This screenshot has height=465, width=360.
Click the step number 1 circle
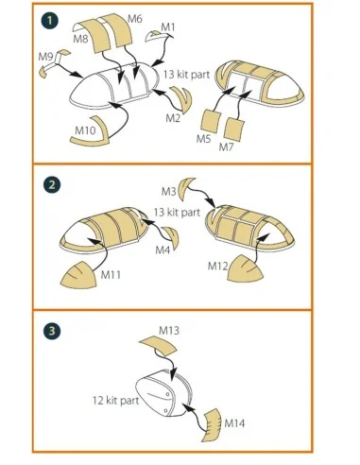tap(49, 21)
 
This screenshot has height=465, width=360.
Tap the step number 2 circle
tap(52, 184)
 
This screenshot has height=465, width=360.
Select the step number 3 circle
tap(52, 331)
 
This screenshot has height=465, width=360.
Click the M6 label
tap(135, 19)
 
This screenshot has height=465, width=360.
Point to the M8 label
tap(80, 39)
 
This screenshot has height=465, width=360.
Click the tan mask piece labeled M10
tap(92, 139)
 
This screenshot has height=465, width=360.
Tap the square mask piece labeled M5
tap(210, 121)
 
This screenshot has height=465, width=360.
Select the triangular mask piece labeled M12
tap(246, 269)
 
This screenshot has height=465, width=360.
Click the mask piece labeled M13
tap(158, 345)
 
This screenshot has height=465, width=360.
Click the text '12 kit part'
tap(115, 401)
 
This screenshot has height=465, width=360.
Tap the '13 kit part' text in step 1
tap(186, 75)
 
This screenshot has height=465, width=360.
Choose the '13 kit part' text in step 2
tap(177, 212)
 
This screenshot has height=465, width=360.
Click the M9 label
tap(45, 57)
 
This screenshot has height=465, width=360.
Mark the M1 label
tap(167, 27)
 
